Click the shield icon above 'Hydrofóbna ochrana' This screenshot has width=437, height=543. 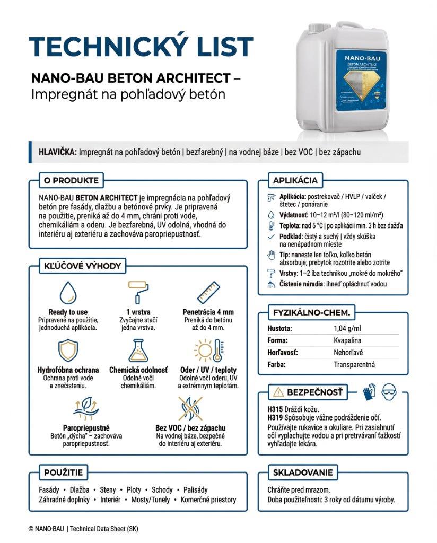point(68,351)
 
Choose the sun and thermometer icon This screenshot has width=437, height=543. point(208,351)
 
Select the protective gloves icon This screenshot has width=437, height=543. point(368,392)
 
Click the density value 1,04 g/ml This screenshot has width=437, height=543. point(347,329)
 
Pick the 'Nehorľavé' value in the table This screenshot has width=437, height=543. point(348,352)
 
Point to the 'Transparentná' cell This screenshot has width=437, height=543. point(354,364)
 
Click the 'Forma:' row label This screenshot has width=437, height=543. point(277,340)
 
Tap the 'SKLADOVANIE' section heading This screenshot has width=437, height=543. point(303,472)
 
